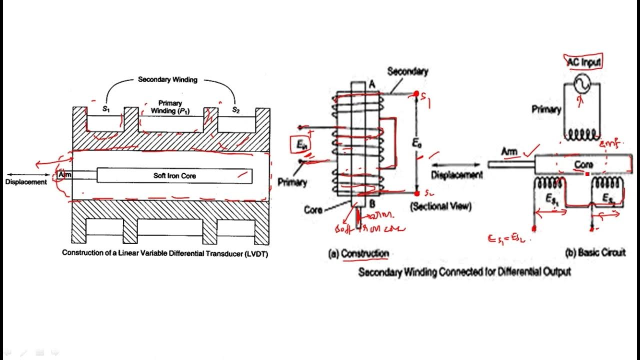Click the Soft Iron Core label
coord(174,176)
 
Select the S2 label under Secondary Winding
coord(235,110)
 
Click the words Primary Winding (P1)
coord(171,107)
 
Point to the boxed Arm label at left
coord(65,175)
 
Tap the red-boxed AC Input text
coord(583,61)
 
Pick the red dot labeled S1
coord(416,93)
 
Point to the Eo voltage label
coord(417,142)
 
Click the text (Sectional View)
coord(441,206)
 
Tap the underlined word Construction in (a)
coord(364,254)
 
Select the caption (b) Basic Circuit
coord(595,253)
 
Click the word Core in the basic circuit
coord(583,164)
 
